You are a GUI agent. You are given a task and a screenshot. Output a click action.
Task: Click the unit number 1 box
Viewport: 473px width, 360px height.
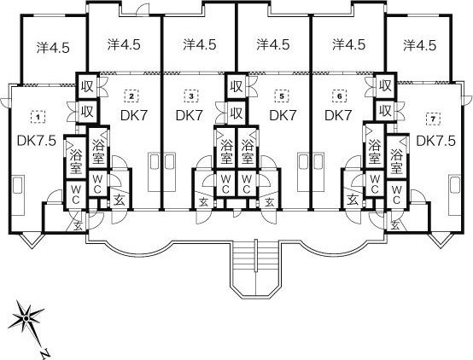pos(38,116)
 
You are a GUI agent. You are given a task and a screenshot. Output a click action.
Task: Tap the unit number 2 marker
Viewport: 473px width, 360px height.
pos(131,96)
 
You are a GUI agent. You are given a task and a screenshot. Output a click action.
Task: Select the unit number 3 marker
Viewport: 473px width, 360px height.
pos(191,96)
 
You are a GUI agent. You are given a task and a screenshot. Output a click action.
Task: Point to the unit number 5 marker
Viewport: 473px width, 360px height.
pos(282,96)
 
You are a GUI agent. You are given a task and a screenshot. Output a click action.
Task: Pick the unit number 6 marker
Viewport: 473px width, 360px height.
pos(340,96)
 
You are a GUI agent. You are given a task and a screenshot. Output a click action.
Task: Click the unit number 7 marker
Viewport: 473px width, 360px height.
pos(433,119)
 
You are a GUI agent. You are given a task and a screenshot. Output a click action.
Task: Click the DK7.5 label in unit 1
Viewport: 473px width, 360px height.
pos(37,141)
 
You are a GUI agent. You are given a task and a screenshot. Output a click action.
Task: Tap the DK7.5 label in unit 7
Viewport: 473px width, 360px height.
pos(435,141)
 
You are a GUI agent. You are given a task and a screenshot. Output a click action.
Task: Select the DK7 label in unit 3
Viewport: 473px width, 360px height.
pos(190,115)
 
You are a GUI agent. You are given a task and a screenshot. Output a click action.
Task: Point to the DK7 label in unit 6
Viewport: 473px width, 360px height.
pos(338,115)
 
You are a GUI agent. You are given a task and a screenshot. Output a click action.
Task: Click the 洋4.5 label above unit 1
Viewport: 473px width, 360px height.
pos(53,47)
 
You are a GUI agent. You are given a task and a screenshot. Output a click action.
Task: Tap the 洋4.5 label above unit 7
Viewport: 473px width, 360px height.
pos(419,45)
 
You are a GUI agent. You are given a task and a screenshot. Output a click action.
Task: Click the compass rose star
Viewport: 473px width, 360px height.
pos(26,318)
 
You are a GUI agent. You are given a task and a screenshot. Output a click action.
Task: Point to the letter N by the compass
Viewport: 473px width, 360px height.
pos(45,353)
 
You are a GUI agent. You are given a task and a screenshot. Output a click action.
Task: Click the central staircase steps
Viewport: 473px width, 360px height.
pos(255,255)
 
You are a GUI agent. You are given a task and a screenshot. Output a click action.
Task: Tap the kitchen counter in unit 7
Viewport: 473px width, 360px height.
pos(454,195)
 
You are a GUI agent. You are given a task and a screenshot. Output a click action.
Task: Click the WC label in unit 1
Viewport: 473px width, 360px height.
pos(76,195)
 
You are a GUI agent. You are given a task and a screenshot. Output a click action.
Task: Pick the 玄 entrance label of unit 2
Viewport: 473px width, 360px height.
pos(120,200)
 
